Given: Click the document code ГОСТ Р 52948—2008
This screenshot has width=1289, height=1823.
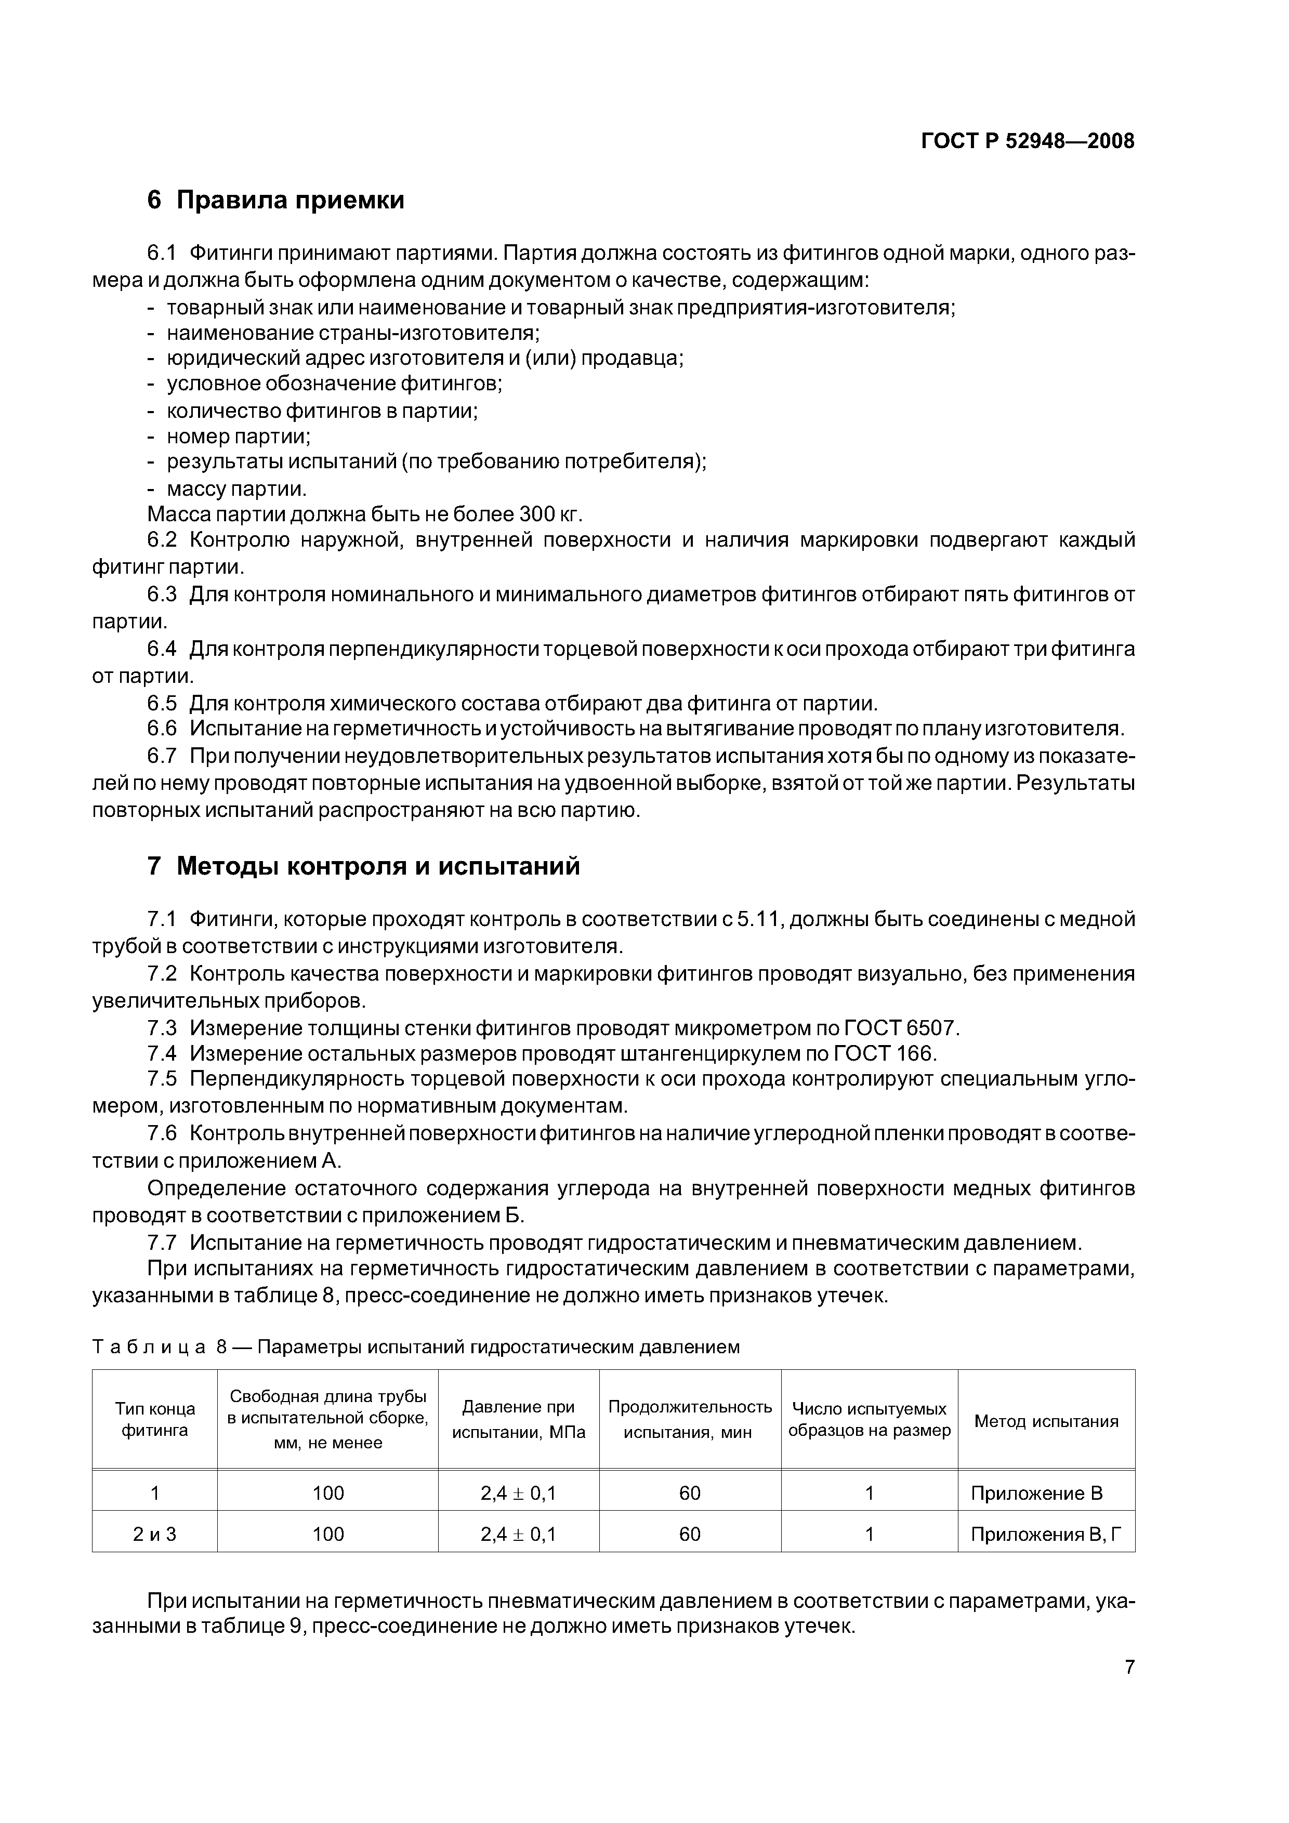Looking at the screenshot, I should (x=1027, y=141).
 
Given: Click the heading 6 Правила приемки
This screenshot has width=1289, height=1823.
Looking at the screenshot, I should (x=275, y=200).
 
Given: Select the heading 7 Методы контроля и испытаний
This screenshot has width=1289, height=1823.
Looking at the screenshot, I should (x=364, y=865).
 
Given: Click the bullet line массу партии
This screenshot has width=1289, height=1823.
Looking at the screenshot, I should (x=236, y=488).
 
